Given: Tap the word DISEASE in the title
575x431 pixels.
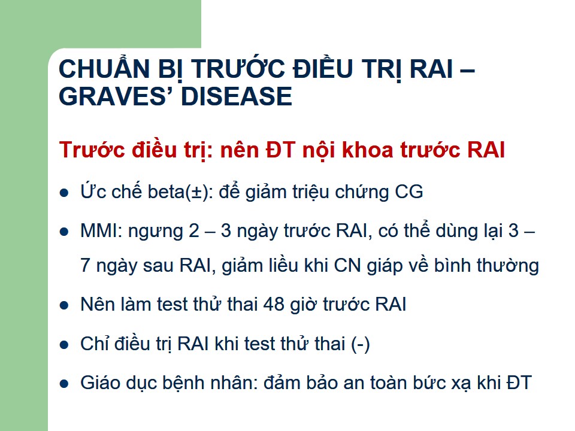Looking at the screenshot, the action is (237, 96).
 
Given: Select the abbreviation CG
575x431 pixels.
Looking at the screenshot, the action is (409, 192).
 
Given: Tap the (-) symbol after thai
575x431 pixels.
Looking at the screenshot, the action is (361, 344).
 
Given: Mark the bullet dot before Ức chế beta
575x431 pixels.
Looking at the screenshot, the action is (64, 193).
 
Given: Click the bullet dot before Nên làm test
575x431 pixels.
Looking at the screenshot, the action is (64, 306).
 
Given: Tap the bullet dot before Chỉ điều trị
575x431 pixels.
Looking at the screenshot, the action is (64, 345).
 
